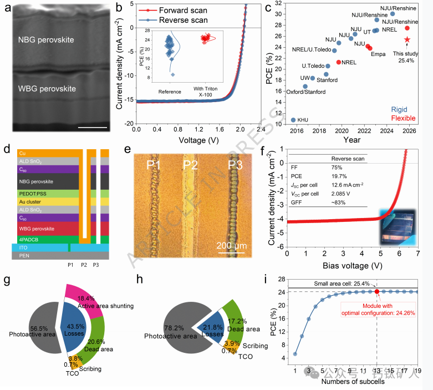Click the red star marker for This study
[407, 39]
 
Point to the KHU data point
[293, 120]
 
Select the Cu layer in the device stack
[44, 153]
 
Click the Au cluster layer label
[35, 202]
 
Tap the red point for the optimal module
[377, 291]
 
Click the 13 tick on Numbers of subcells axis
[377, 371]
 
